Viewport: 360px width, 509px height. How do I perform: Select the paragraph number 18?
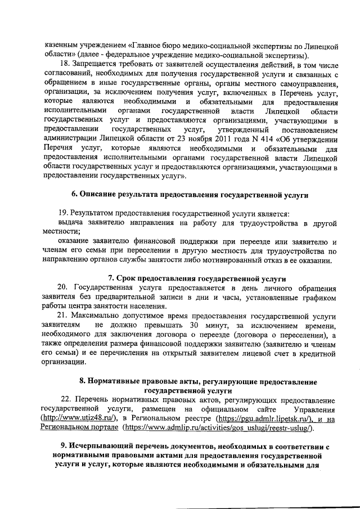pyautogui.click(x=65, y=65)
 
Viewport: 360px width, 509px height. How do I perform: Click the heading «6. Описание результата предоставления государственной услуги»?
pyautogui.click(x=190, y=194)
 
